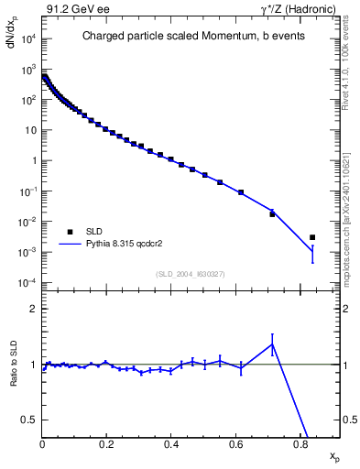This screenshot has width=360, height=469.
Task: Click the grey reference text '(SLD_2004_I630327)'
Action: [191, 273]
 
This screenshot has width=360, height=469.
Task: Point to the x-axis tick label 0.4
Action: [171, 445]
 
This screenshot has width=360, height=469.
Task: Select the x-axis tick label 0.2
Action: [106, 445]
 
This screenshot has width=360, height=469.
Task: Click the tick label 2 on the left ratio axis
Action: [33, 309]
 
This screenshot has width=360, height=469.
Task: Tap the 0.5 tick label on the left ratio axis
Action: [29, 420]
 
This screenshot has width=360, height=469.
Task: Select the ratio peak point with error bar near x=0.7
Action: [272, 344]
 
